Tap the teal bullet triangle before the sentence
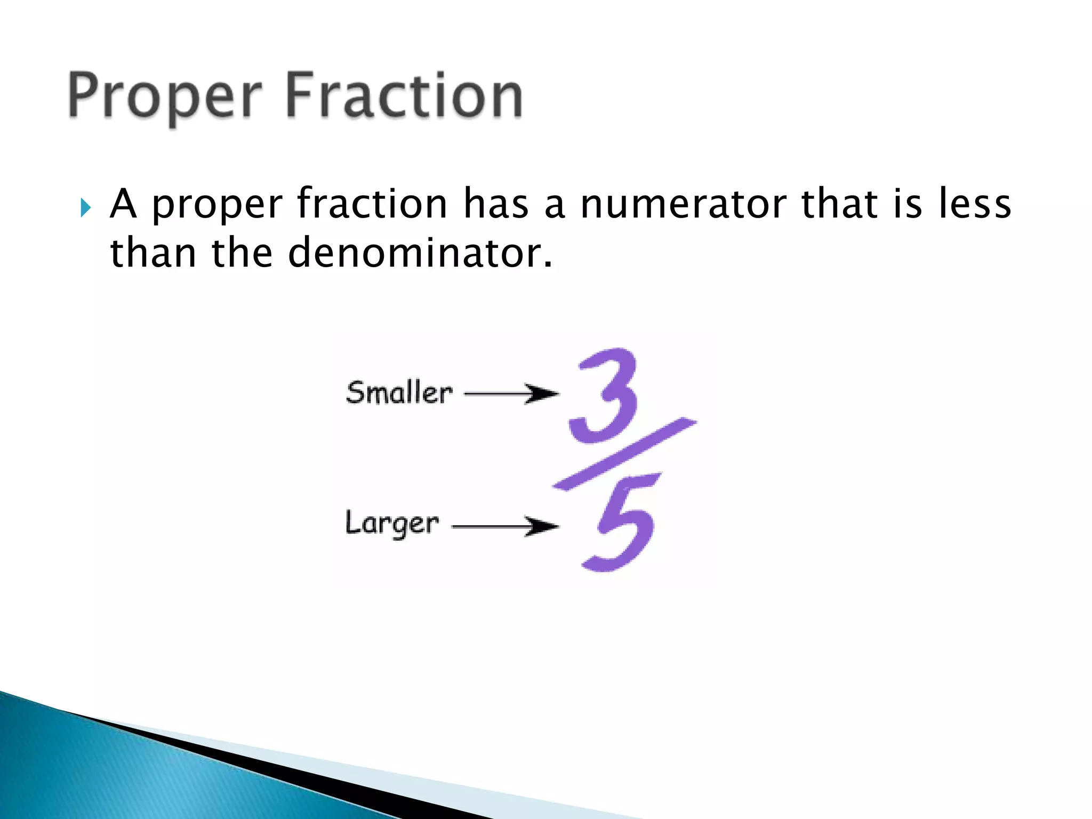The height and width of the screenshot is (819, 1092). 86,207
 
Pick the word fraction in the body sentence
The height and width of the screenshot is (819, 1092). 372,204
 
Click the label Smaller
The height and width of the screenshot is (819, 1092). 399,392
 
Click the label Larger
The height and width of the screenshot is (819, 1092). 392,524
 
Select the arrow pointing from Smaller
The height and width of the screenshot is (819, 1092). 511,394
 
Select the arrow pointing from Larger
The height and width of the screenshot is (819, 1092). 505,526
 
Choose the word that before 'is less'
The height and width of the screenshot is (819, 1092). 839,204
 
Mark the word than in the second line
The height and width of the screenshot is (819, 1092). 153,253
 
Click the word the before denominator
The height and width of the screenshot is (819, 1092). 243,253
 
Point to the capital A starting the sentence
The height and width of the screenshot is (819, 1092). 123,204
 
